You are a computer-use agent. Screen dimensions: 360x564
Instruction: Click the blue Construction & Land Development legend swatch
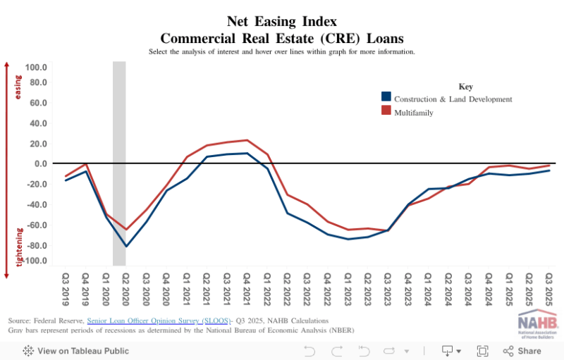coord(386,97)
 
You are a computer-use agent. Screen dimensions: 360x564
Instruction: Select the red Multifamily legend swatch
coord(386,111)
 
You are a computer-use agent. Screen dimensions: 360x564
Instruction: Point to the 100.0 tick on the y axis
coord(36,67)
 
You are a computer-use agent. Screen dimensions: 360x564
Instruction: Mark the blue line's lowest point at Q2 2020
coord(126,246)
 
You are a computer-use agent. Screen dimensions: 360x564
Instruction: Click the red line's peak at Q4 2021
coord(247,140)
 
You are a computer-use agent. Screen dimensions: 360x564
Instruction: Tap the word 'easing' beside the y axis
coord(18,89)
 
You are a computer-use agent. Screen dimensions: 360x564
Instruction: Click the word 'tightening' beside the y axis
coord(18,247)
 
